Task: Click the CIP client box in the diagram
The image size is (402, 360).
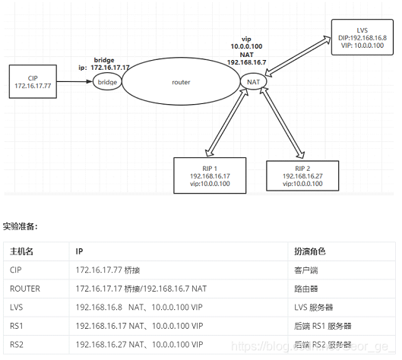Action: [32, 81]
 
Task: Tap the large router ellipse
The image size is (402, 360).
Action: [181, 82]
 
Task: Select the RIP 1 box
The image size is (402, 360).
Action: [209, 175]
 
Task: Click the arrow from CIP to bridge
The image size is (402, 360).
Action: [75, 81]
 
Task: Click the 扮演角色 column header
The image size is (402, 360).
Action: [309, 251]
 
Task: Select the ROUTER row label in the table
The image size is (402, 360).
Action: [25, 289]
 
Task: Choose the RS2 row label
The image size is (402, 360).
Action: [17, 345]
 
